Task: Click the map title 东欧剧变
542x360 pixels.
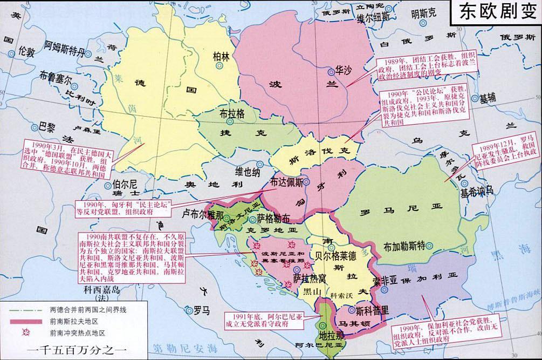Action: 495,12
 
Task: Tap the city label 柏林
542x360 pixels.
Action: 221,56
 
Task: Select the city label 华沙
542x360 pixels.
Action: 344,70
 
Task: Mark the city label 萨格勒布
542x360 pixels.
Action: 273,219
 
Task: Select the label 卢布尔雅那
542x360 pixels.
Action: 201,214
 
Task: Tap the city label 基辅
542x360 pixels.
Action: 488,98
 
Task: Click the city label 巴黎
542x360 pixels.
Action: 47,127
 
